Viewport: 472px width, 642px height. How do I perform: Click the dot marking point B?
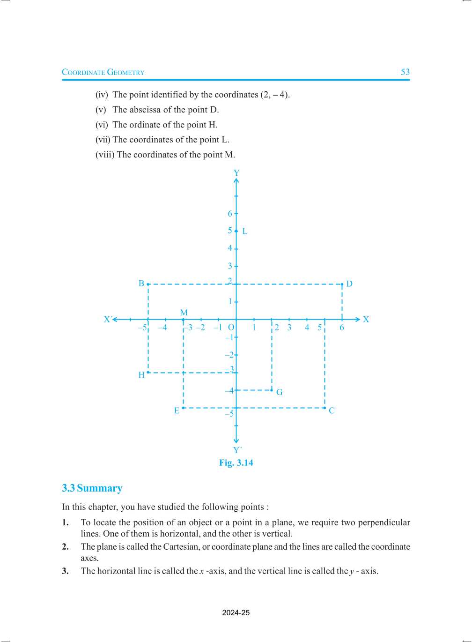click(x=148, y=284)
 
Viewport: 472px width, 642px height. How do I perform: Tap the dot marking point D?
click(x=342, y=284)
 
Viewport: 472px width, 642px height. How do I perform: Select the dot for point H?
click(x=148, y=373)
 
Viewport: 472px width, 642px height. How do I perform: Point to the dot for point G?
click(x=272, y=390)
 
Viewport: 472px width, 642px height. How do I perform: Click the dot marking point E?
click(x=184, y=408)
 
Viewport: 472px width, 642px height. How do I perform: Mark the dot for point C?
click(x=324, y=408)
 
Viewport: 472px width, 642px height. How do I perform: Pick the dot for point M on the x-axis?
click(x=184, y=320)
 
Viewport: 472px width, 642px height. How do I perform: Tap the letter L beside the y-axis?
click(x=244, y=231)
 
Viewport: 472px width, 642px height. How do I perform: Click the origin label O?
click(x=231, y=328)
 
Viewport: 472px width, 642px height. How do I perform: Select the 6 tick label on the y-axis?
click(x=230, y=214)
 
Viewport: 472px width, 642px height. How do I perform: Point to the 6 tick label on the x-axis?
click(x=342, y=328)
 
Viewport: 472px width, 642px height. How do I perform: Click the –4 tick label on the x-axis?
click(x=162, y=328)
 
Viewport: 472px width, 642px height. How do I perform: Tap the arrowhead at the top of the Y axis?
click(x=236, y=180)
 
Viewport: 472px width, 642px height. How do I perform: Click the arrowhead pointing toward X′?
click(x=115, y=320)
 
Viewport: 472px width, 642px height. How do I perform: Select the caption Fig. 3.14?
click(x=236, y=463)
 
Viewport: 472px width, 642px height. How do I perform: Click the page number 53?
click(x=405, y=72)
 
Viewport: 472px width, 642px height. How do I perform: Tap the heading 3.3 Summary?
click(x=92, y=488)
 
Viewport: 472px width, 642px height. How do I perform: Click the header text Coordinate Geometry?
click(x=103, y=72)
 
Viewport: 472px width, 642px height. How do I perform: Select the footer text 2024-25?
click(x=236, y=613)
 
